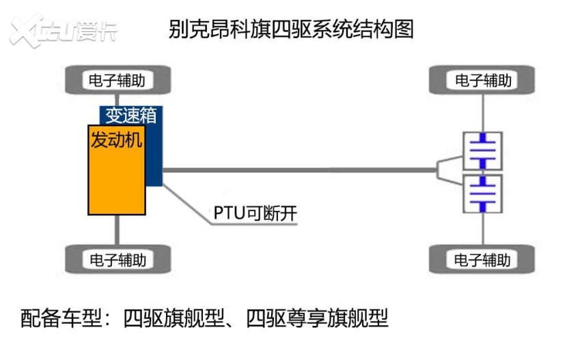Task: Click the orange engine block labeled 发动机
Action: [x=116, y=174]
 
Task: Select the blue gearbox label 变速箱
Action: [x=130, y=115]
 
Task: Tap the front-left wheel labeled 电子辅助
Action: [x=117, y=81]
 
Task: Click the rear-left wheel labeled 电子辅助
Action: [x=117, y=260]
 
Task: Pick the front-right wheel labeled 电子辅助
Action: [x=483, y=81]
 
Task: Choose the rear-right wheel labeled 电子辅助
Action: [x=483, y=260]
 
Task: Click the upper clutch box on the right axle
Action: [x=482, y=150]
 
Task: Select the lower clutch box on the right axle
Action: [x=482, y=195]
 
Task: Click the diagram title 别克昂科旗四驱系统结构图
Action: [x=290, y=29]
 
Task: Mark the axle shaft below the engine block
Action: [x=117, y=231]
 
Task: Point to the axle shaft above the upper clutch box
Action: [x=483, y=112]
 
